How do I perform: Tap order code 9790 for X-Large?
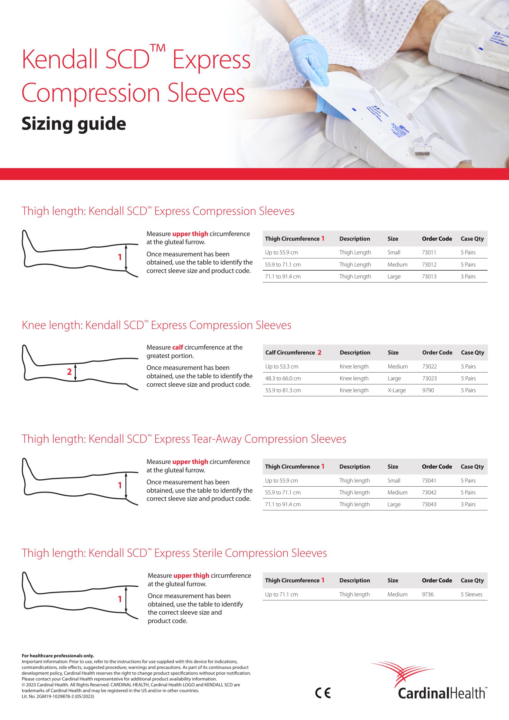click(x=428, y=390)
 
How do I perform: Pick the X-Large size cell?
click(x=396, y=390)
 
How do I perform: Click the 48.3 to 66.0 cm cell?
click(x=283, y=379)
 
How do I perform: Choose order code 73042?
click(x=429, y=493)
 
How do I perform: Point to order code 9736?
click(x=427, y=594)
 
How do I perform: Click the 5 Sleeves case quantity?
click(x=471, y=594)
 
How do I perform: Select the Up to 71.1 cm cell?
click(x=281, y=594)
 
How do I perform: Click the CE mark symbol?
click(x=323, y=693)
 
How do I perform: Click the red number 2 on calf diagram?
click(x=69, y=372)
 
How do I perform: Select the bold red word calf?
click(x=177, y=348)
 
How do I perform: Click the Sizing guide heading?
click(x=74, y=124)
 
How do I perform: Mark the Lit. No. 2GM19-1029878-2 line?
click(x=58, y=696)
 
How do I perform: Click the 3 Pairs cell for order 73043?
click(x=468, y=505)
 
